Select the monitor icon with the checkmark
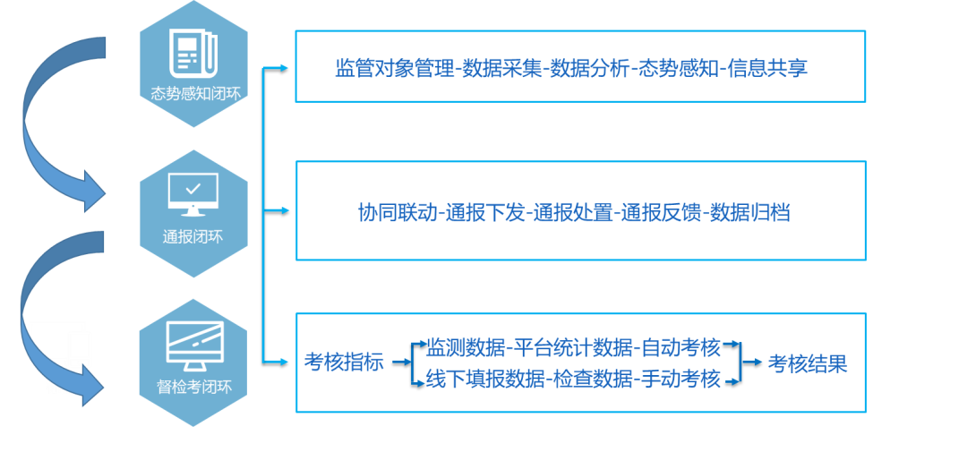[x=193, y=194]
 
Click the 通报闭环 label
[x=193, y=237]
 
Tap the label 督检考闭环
[x=193, y=388]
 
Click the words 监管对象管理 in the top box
[x=395, y=69]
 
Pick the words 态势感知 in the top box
[x=678, y=69]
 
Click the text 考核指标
[x=344, y=363]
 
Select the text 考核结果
[x=807, y=363]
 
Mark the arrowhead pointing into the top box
[x=285, y=67]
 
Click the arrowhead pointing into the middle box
[x=285, y=211]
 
